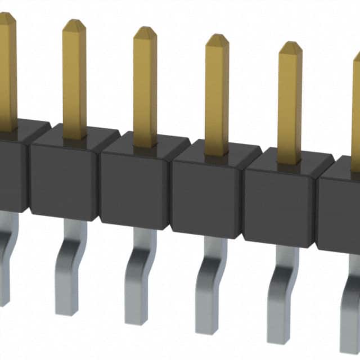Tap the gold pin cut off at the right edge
356,112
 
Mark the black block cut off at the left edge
11,169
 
